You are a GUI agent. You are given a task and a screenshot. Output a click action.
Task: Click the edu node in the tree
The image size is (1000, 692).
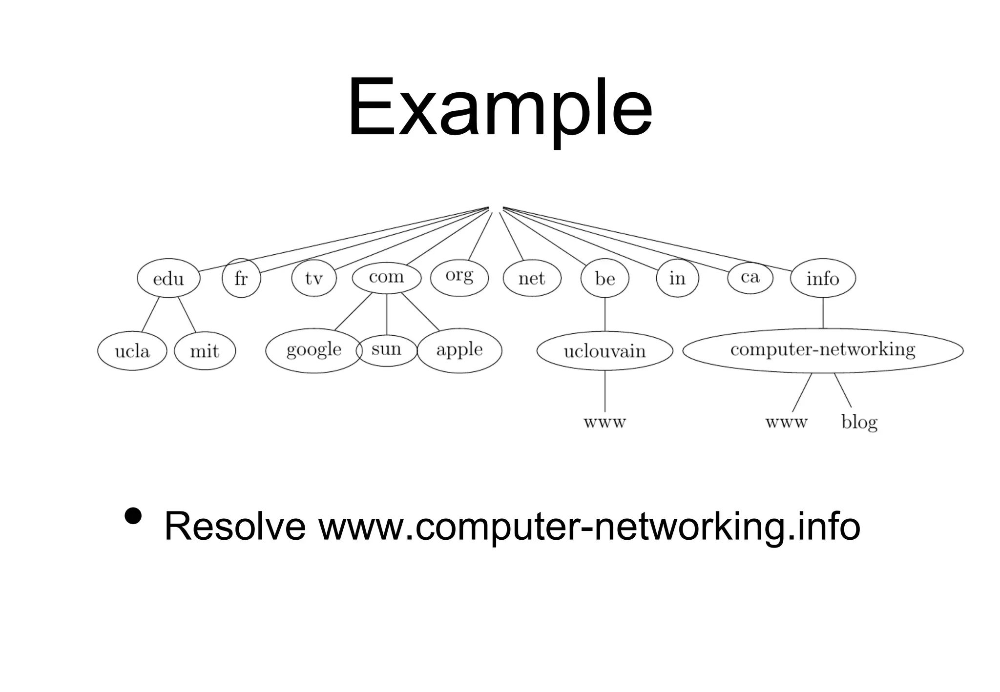168,278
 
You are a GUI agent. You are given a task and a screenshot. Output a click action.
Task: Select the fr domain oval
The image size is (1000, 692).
241,278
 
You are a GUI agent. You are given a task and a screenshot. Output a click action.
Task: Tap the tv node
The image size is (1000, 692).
314,278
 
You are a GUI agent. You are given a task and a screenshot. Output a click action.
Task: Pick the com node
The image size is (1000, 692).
386,277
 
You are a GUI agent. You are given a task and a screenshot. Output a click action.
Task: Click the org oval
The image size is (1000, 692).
459,277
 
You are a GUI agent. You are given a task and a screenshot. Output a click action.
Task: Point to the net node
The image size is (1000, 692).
532,278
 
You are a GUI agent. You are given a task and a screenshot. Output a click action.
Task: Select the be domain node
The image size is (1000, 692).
604,278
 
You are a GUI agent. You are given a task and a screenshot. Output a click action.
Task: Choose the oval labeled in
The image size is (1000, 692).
677,278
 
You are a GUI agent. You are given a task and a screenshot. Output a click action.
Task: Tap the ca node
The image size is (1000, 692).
750,277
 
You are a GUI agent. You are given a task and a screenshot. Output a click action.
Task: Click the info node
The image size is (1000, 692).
823,278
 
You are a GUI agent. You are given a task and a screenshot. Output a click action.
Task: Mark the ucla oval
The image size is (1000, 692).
132,351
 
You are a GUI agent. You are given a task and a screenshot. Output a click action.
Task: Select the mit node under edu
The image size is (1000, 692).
205,351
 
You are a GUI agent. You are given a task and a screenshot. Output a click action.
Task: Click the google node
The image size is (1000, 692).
313,350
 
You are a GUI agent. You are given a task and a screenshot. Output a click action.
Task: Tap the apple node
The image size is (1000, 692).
459,350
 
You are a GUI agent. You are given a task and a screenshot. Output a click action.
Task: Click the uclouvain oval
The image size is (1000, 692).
604,351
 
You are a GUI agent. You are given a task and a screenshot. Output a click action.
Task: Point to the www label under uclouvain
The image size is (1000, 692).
604,422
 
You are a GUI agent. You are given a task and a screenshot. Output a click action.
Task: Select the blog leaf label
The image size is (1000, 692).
859,422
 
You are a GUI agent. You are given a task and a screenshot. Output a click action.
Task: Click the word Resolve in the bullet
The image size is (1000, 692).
235,527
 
